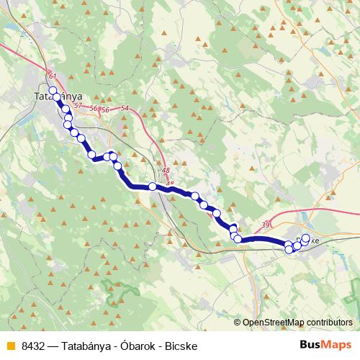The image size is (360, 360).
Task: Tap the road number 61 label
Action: click(51, 76)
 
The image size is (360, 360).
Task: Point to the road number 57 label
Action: click(78, 106)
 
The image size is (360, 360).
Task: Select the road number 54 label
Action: click(125, 108)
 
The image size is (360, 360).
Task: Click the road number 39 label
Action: click(266, 225)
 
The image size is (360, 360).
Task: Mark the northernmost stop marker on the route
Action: click(53, 90)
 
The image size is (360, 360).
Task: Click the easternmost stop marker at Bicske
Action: click(305, 238)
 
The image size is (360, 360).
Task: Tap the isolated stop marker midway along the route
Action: click(153, 186)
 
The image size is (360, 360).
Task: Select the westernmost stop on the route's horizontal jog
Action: click(91, 154)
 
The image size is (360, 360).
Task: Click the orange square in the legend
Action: click(9, 345)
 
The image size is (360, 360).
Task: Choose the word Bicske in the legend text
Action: click(181, 345)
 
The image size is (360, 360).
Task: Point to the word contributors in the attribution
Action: click(330, 323)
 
